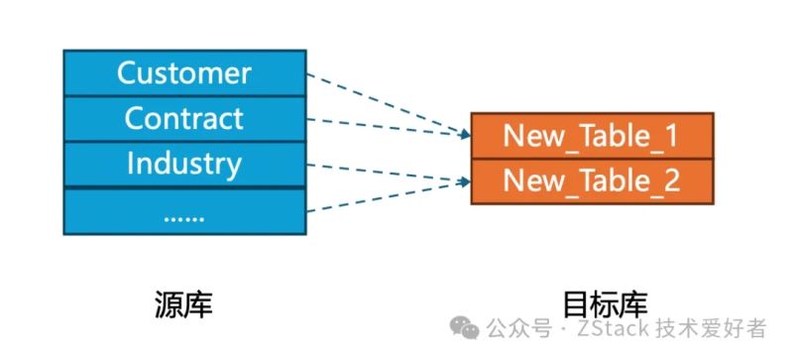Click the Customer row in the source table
coord(184,72)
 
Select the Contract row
coord(184,118)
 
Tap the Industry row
coord(184,164)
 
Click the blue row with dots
coord(184,211)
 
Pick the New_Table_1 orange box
coord(591,136)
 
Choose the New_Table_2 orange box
coord(591,180)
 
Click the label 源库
coord(184,304)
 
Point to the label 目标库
coord(591,304)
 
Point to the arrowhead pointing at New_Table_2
coord(464,180)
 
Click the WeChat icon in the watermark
coord(467,329)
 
